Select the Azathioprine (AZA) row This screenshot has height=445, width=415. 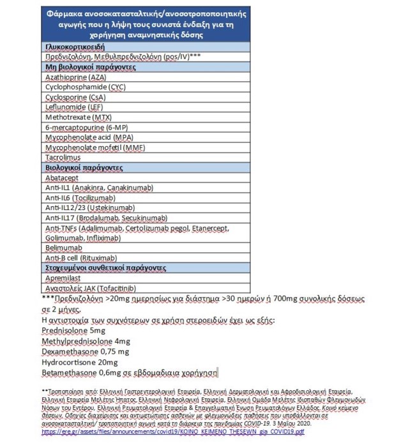(x=71, y=76)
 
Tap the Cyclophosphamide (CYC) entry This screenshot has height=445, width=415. (x=81, y=86)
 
